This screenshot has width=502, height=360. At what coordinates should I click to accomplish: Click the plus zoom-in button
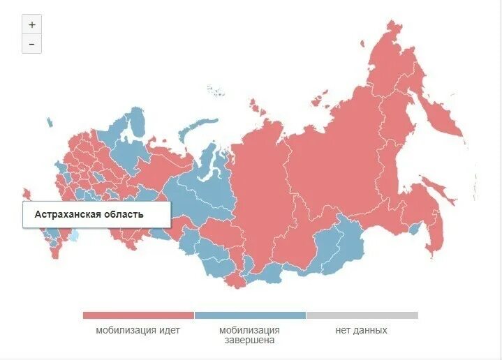click(31, 24)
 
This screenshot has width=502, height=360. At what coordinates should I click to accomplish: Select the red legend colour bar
click(138, 315)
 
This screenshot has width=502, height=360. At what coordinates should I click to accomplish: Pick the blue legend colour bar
click(250, 315)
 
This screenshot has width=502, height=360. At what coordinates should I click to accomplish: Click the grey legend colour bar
click(362, 315)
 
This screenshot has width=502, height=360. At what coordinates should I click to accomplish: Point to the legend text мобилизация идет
click(138, 331)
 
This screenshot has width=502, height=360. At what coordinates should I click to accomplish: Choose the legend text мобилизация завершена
click(249, 335)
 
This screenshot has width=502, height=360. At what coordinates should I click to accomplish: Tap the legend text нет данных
click(361, 331)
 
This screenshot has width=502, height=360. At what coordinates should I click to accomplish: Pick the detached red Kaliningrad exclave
click(27, 193)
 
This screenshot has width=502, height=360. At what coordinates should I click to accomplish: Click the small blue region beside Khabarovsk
click(414, 228)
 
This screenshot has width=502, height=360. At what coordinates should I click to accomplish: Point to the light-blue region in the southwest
click(73, 237)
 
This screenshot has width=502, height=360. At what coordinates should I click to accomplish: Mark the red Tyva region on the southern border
click(237, 280)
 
